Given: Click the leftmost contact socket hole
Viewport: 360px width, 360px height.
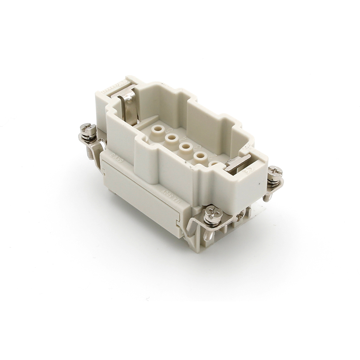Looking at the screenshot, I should click(x=158, y=129).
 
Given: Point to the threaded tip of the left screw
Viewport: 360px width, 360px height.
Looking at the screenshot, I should click(x=90, y=154).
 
